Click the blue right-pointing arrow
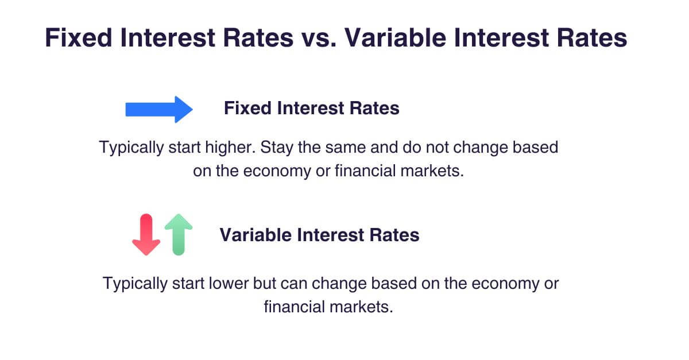click(159, 110)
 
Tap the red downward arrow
click(146, 234)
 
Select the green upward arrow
click(179, 234)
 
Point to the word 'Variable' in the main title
click(395, 37)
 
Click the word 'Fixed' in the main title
click(79, 37)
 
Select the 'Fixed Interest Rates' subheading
click(312, 108)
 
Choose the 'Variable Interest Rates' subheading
click(319, 235)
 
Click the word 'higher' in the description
click(230, 148)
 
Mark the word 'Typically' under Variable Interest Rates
click(135, 284)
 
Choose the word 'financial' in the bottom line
click(295, 307)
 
